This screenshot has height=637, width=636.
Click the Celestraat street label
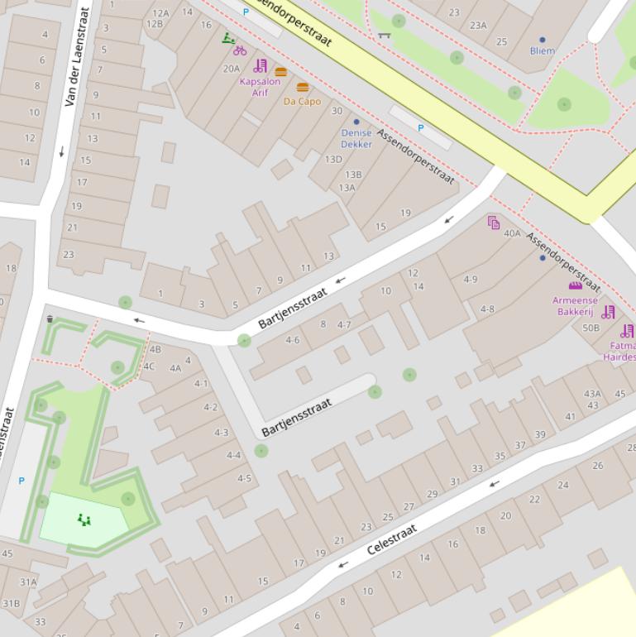tap(391, 539)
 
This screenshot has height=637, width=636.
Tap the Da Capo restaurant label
tap(302, 101)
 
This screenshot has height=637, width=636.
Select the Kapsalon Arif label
tap(260, 87)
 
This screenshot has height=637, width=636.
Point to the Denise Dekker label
tap(356, 138)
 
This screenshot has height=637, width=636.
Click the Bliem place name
tap(543, 50)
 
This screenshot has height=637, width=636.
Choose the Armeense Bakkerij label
tap(575, 306)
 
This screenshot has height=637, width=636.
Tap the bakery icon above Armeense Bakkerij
tap(575, 285)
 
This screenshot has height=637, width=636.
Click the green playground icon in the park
tap(84, 520)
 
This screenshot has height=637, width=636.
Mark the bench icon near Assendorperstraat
tap(384, 35)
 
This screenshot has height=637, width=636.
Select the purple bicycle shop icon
tap(240, 50)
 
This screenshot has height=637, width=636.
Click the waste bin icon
tap(50, 318)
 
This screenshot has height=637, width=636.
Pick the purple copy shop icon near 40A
tap(494, 223)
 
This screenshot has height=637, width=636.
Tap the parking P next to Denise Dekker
tap(420, 128)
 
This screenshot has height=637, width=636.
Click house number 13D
tap(333, 159)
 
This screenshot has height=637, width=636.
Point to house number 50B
tap(591, 328)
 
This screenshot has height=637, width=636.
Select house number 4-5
tap(244, 478)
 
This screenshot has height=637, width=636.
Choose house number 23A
tap(478, 25)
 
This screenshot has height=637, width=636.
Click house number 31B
tap(11, 603)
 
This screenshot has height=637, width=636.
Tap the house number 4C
tap(149, 366)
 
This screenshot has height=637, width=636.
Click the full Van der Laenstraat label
tap(76, 56)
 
